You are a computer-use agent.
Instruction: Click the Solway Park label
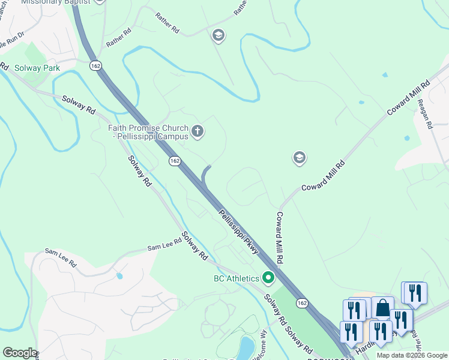(x=37, y=68)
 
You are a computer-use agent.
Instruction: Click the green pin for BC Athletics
(x=268, y=278)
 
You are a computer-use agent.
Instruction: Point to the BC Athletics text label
(x=237, y=278)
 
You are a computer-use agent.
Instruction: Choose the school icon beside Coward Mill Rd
(x=299, y=158)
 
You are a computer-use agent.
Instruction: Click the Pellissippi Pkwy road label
(x=238, y=232)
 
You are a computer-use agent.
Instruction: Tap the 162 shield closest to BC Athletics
(x=303, y=304)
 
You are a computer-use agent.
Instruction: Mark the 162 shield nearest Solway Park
(x=96, y=65)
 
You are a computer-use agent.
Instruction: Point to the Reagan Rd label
(x=424, y=114)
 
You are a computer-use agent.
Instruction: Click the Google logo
(x=20, y=353)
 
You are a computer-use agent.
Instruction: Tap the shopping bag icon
(x=382, y=308)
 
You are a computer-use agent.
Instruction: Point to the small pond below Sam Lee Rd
(x=119, y=277)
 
